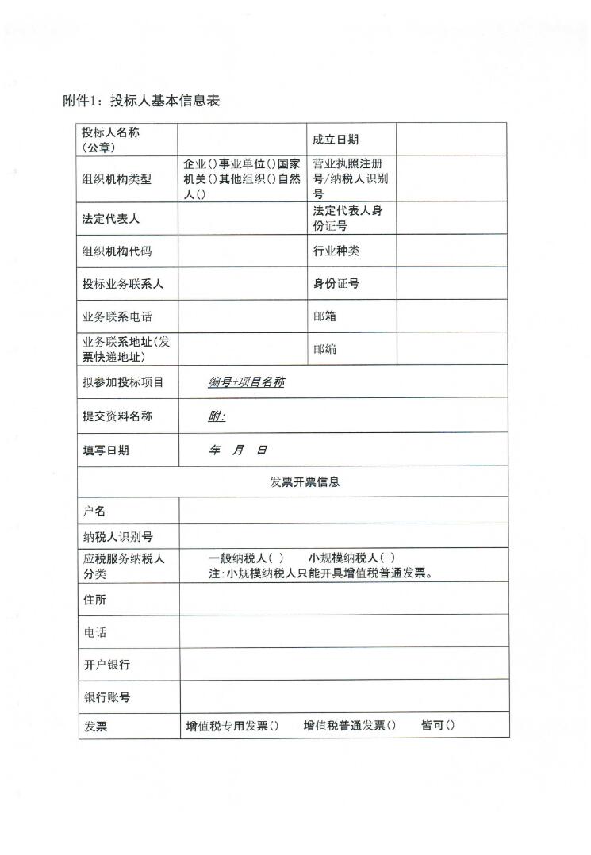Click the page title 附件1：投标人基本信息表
[140, 101]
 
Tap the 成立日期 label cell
[336, 140]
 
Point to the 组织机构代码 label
[117, 251]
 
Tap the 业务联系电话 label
[117, 316]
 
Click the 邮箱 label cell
[324, 316]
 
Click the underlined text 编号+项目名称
[246, 382]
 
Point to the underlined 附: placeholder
[217, 416]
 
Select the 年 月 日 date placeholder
[237, 450]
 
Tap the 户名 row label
[94, 511]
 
